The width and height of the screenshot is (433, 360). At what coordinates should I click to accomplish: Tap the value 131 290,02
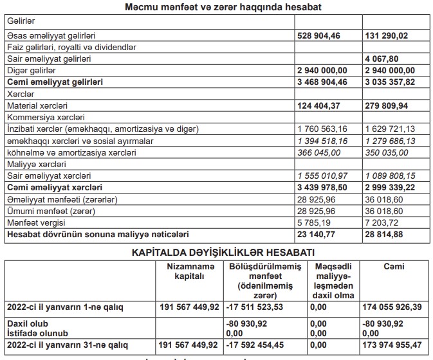pyautogui.click(x=390, y=36)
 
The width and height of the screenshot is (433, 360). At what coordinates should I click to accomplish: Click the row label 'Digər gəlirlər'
pyautogui.click(x=31, y=70)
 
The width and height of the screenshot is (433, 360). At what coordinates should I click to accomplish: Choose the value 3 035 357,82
pyautogui.click(x=390, y=82)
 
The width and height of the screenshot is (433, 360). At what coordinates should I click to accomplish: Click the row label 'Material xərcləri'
pyautogui.click(x=37, y=105)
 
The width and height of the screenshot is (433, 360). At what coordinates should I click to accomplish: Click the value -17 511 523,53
pyautogui.click(x=255, y=307)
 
